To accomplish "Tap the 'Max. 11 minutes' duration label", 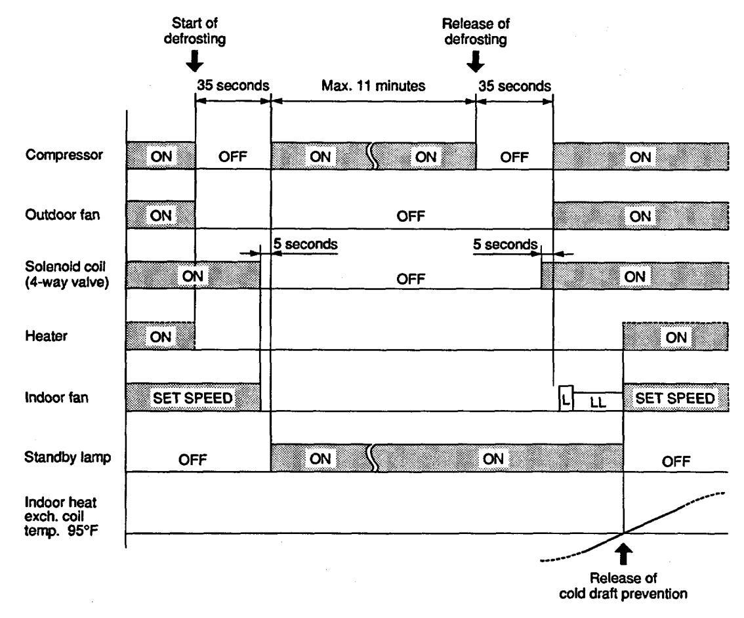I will (x=373, y=85).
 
